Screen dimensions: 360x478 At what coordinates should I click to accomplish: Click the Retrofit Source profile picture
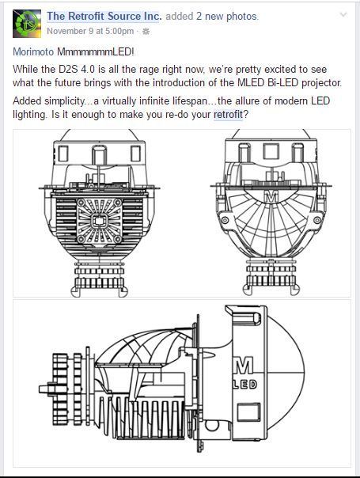tap(27, 24)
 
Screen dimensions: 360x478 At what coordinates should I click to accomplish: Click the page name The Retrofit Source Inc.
tap(104, 16)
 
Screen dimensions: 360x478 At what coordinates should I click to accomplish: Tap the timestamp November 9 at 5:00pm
tap(90, 31)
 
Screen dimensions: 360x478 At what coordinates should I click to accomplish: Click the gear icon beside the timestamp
tap(146, 31)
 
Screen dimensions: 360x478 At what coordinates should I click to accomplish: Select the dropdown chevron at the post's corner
tap(343, 14)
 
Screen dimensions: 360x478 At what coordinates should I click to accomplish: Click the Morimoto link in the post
tap(33, 51)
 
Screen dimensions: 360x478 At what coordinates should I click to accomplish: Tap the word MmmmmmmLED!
tap(96, 51)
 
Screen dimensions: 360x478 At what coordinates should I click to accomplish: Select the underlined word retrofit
tap(228, 115)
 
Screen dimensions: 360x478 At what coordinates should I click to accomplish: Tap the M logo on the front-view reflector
tap(271, 196)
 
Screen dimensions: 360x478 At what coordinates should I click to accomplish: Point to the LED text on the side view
tap(244, 385)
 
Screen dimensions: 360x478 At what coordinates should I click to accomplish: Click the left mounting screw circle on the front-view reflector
tap(225, 220)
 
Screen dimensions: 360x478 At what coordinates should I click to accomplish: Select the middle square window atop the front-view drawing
tap(271, 151)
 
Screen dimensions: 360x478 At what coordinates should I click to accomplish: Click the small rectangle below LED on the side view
tap(248, 412)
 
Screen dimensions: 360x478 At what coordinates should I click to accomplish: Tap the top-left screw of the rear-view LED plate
tap(81, 203)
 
